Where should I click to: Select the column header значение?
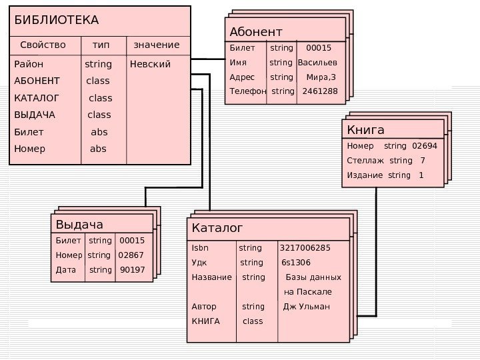click(157, 45)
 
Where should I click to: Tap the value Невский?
click(151, 65)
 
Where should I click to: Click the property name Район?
click(29, 65)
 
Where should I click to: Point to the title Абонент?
click(256, 32)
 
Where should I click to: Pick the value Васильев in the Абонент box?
click(317, 63)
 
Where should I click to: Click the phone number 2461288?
click(320, 91)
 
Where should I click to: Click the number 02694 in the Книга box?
click(425, 145)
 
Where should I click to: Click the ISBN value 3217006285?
click(305, 249)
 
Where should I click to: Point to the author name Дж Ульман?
click(307, 307)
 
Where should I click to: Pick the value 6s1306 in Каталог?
click(296, 263)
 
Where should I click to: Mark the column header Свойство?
click(43, 45)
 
